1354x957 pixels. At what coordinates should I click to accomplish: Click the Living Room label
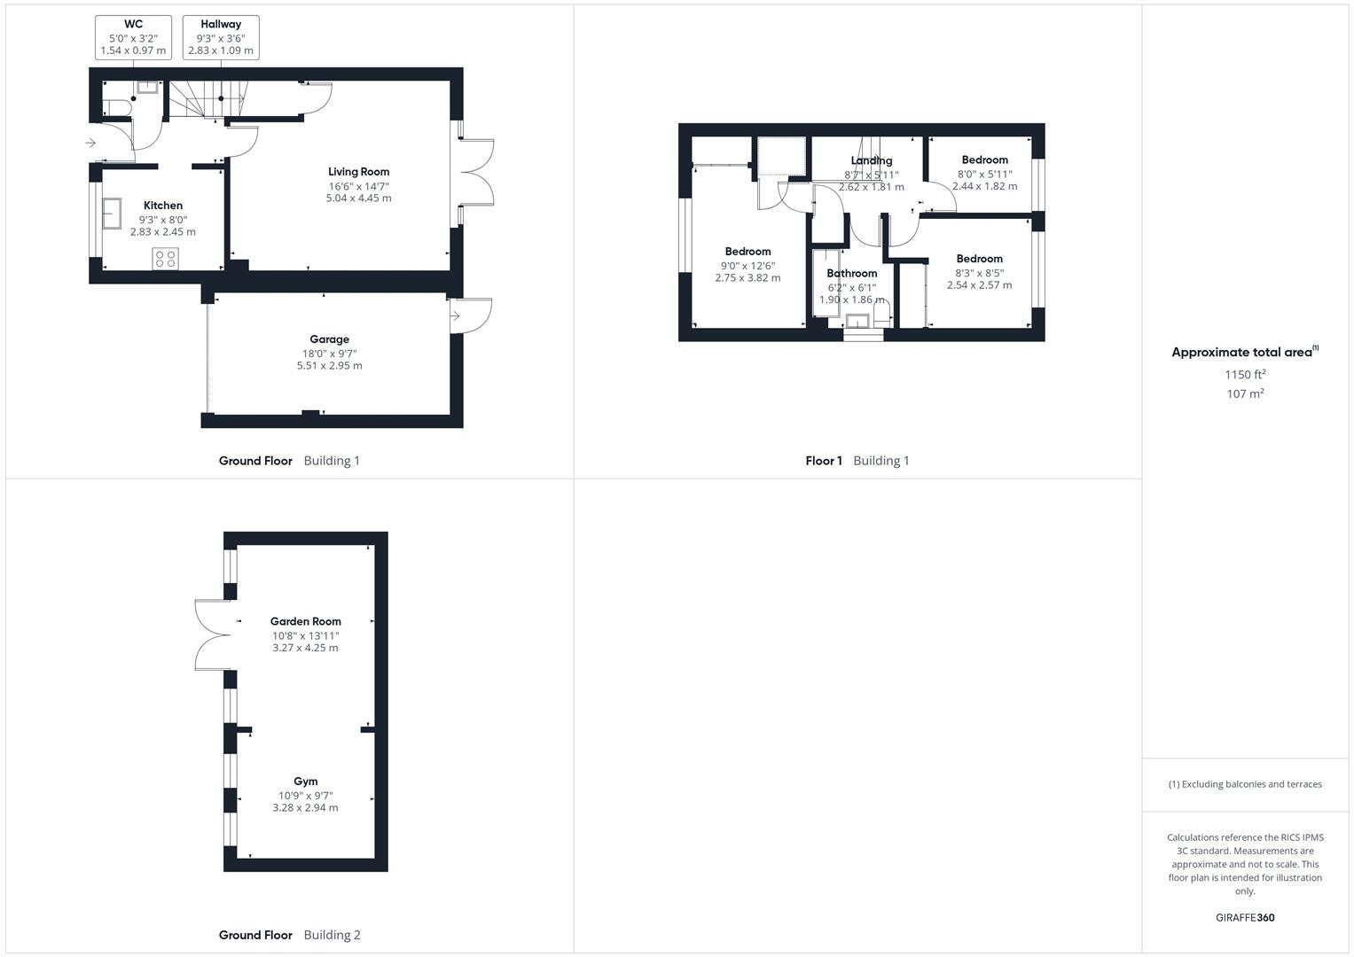point(358,172)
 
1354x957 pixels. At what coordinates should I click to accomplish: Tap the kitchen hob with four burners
point(165,259)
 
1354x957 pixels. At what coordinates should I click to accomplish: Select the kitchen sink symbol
point(112,214)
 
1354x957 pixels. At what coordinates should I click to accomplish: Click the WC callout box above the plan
point(133,37)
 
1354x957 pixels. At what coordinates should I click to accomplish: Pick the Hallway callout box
point(221,37)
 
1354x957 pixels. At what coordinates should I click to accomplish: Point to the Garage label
point(329,339)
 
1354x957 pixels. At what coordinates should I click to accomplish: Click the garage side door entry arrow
point(455,315)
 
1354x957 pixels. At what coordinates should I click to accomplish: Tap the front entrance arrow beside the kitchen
point(90,143)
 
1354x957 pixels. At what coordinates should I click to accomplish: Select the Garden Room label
point(305,621)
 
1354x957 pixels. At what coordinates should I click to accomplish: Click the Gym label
point(305,782)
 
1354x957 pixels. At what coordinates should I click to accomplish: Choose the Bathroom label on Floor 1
point(851,274)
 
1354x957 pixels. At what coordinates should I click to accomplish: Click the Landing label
point(871,160)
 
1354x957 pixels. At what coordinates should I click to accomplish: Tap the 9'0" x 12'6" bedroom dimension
point(747,265)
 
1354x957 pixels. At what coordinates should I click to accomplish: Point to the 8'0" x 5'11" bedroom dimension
point(984,174)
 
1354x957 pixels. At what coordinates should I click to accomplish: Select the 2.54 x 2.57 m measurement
point(979,285)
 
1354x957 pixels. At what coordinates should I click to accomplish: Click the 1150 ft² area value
point(1245,375)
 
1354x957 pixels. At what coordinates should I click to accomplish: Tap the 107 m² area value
point(1245,394)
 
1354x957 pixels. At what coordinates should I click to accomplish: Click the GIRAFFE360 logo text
point(1245,917)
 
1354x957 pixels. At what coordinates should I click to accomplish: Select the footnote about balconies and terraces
point(1245,784)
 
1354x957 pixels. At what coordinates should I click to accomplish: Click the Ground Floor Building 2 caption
point(289,935)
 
